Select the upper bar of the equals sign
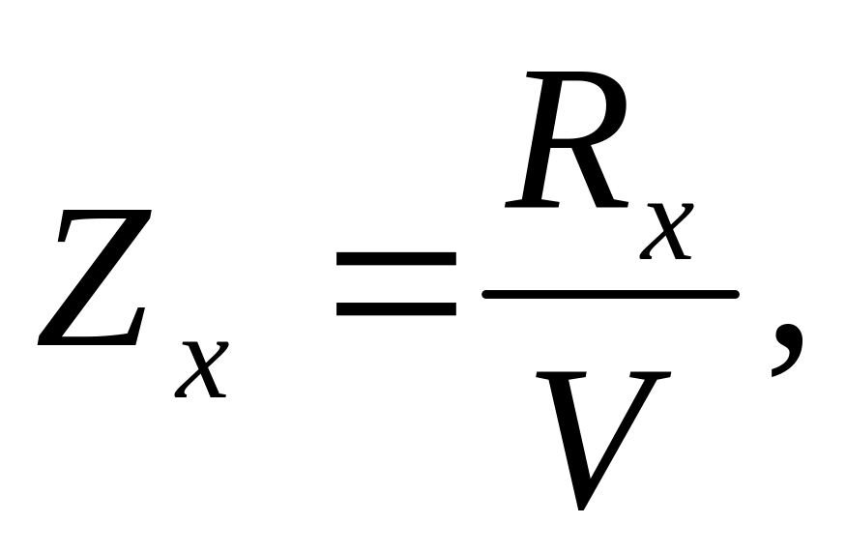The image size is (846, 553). tap(395, 259)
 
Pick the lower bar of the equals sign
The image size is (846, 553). tap(395, 310)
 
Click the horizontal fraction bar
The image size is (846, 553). tap(609, 292)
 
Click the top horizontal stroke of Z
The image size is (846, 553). tap(106, 218)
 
